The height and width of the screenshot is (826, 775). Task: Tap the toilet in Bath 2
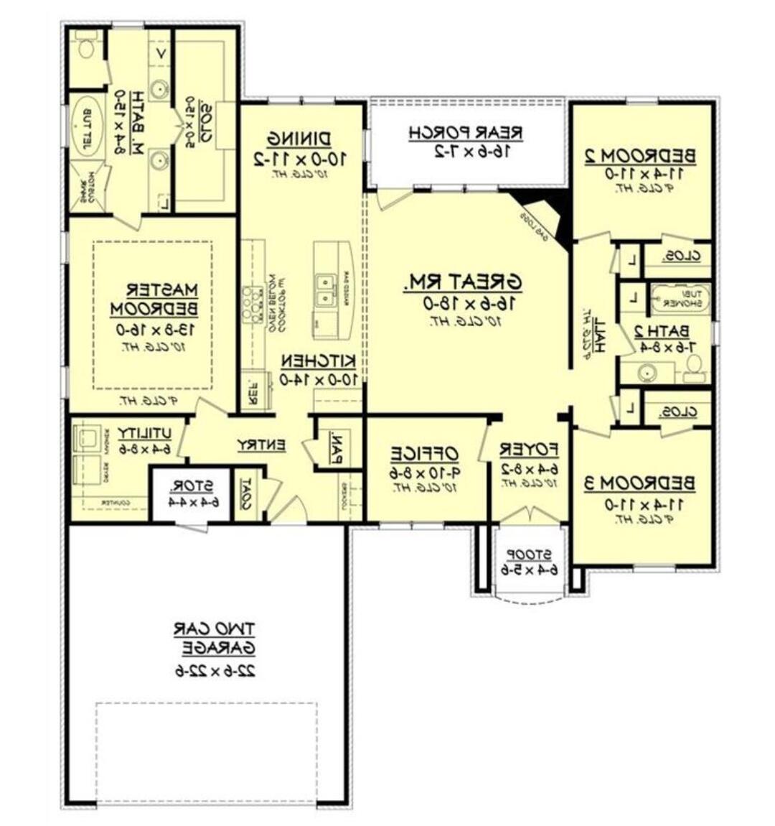pyautogui.click(x=694, y=368)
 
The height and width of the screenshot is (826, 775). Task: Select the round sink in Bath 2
pyautogui.click(x=648, y=373)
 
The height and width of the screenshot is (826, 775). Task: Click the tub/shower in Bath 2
pyautogui.click(x=679, y=297)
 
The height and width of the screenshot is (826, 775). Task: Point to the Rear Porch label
pyautogui.click(x=465, y=133)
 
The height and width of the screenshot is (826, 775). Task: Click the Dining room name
pyautogui.click(x=299, y=138)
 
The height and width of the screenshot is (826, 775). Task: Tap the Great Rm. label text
pyautogui.click(x=463, y=282)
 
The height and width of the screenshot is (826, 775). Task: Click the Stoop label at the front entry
pyautogui.click(x=529, y=554)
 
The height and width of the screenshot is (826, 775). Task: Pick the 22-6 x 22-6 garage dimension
pyautogui.click(x=215, y=670)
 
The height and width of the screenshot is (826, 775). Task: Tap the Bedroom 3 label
pyautogui.click(x=639, y=483)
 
